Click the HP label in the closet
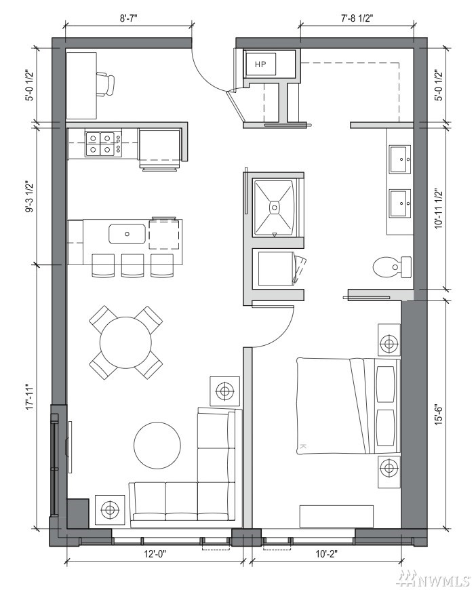(260, 64)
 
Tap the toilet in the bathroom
(392, 267)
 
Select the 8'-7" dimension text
(129, 18)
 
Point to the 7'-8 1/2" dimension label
(357, 18)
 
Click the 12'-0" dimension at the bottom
(155, 553)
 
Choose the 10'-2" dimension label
(326, 553)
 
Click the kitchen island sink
(127, 234)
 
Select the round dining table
(125, 342)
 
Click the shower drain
(275, 207)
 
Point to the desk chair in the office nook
(105, 85)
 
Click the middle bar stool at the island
(132, 266)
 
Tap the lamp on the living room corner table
(109, 509)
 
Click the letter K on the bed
(304, 446)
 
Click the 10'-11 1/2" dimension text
(439, 208)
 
